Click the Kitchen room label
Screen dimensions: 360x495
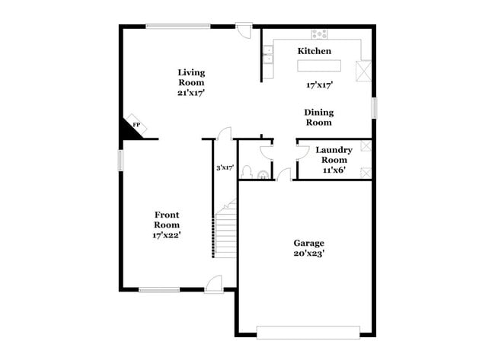click(314, 51)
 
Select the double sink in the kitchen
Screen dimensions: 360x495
click(268, 54)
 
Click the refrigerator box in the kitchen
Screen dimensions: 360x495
click(364, 70)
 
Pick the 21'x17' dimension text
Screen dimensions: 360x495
click(191, 92)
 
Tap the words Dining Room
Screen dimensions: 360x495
click(319, 117)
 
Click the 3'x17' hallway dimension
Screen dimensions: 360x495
click(224, 167)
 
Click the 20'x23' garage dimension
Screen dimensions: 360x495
click(309, 253)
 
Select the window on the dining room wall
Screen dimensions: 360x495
click(375, 107)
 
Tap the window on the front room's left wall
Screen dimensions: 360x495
click(120, 161)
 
